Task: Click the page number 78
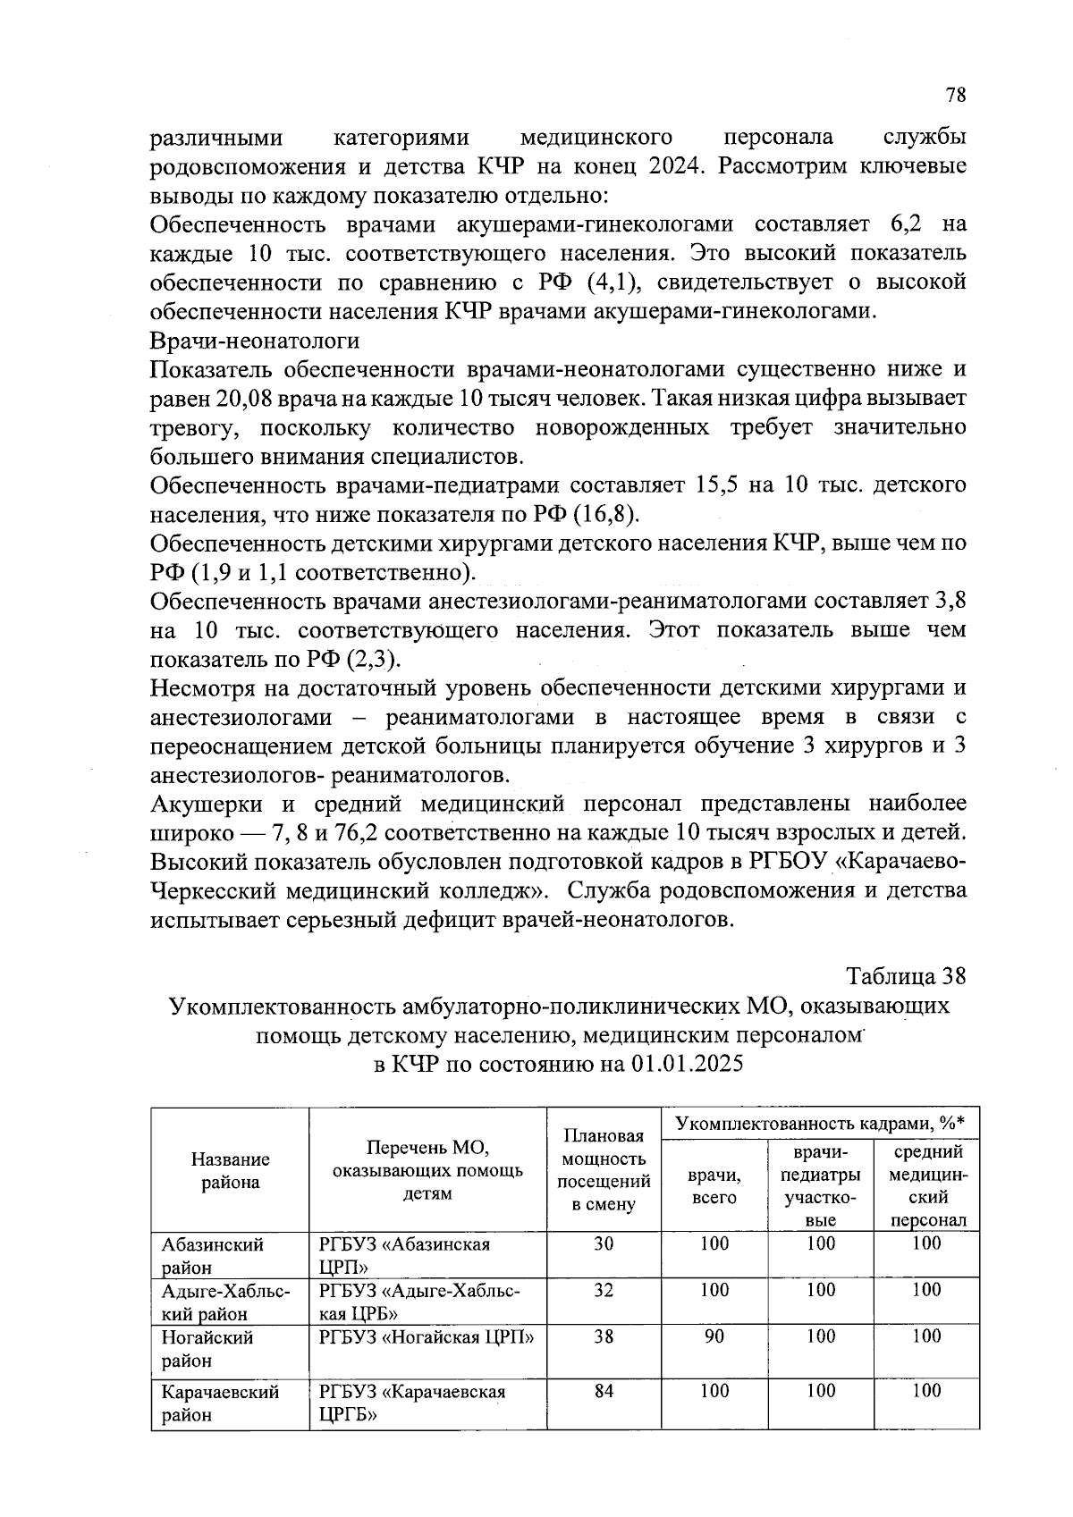coord(956,96)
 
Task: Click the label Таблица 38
coord(906,976)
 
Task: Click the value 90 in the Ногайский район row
coord(714,1336)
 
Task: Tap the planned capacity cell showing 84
coord(604,1391)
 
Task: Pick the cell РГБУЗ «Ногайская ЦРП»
coord(427,1337)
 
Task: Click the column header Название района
coord(230,1170)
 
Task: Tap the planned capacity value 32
coord(604,1290)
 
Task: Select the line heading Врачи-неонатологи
coord(255,341)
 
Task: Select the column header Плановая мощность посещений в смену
coord(604,1170)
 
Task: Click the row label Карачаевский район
coord(220,1403)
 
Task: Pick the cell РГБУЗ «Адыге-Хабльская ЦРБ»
coord(419,1301)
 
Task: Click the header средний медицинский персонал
coord(927,1185)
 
